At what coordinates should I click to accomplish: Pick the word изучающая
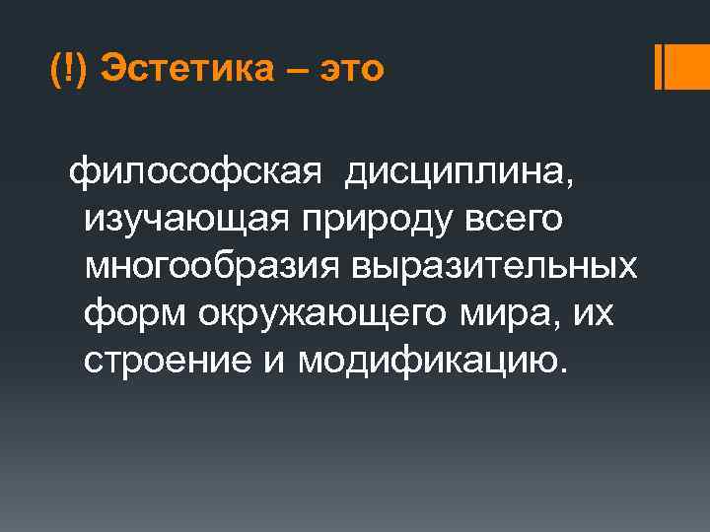[x=181, y=221]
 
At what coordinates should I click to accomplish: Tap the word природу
[x=367, y=221]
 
